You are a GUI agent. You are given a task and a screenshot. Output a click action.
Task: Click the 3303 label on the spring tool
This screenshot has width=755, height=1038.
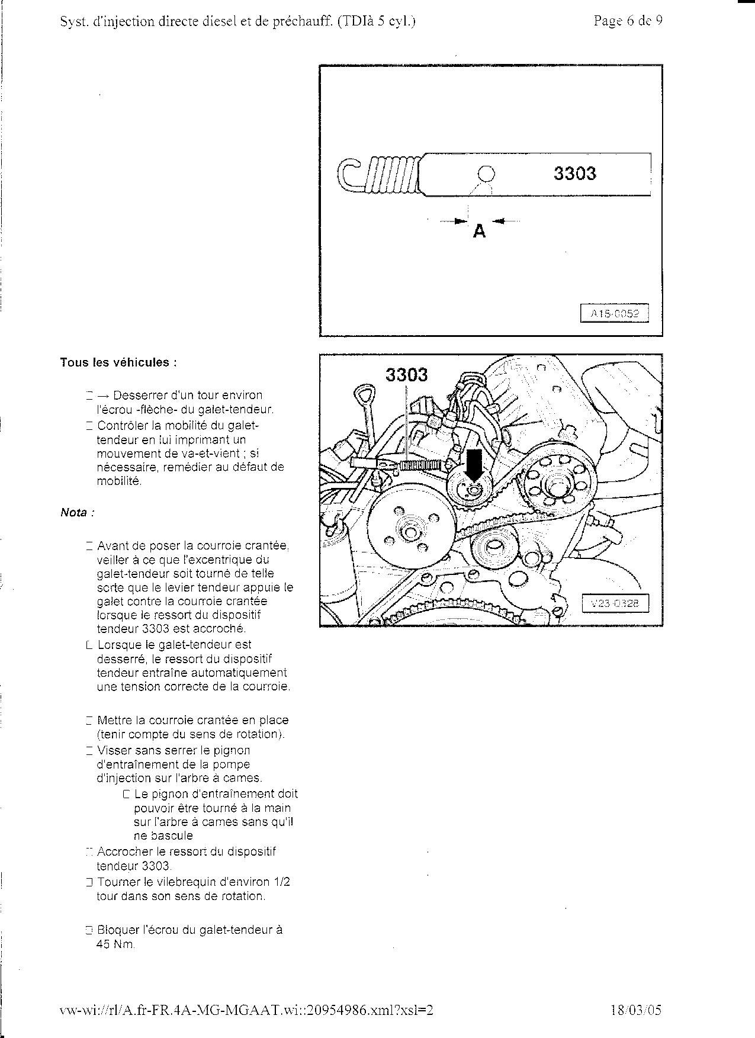pyautogui.click(x=574, y=173)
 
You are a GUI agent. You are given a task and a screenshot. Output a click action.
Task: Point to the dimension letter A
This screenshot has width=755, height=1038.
pyautogui.click(x=479, y=232)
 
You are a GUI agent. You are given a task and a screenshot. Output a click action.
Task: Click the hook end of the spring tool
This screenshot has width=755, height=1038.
pyautogui.click(x=349, y=174)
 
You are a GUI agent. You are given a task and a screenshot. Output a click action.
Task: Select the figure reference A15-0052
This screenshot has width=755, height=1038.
pyautogui.click(x=614, y=314)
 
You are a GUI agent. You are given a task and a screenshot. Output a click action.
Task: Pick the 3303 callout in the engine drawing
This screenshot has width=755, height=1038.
pyautogui.click(x=406, y=374)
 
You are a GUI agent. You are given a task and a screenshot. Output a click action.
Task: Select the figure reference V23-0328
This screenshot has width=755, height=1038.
pyautogui.click(x=615, y=604)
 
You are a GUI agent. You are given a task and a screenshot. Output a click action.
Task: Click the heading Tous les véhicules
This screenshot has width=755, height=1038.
pyautogui.click(x=118, y=362)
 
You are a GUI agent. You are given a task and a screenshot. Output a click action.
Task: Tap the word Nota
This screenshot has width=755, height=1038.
pyautogui.click(x=75, y=513)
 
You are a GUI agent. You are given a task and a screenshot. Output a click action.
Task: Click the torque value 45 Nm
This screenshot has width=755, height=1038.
pyautogui.click(x=115, y=944)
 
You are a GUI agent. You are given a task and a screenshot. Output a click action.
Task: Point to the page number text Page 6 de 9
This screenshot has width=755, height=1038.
pyautogui.click(x=628, y=21)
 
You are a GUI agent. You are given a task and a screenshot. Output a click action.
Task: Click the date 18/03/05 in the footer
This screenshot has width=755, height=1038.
pyautogui.click(x=635, y=1010)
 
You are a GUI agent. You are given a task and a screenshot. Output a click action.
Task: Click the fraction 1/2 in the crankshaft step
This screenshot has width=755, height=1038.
pyautogui.click(x=283, y=882)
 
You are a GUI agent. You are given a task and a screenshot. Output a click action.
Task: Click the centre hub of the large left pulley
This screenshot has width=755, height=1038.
pyautogui.click(x=409, y=531)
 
